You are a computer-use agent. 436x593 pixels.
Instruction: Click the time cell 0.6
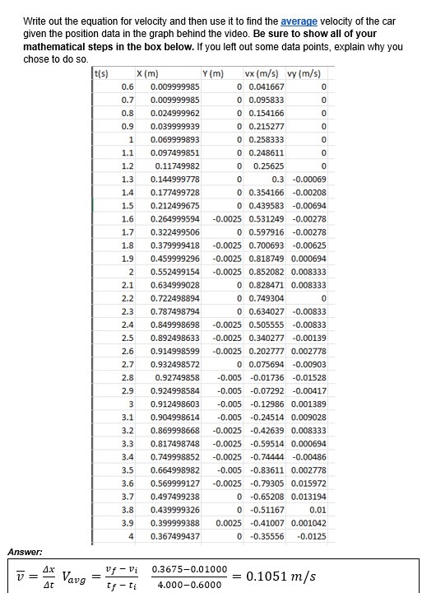coord(128,86)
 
